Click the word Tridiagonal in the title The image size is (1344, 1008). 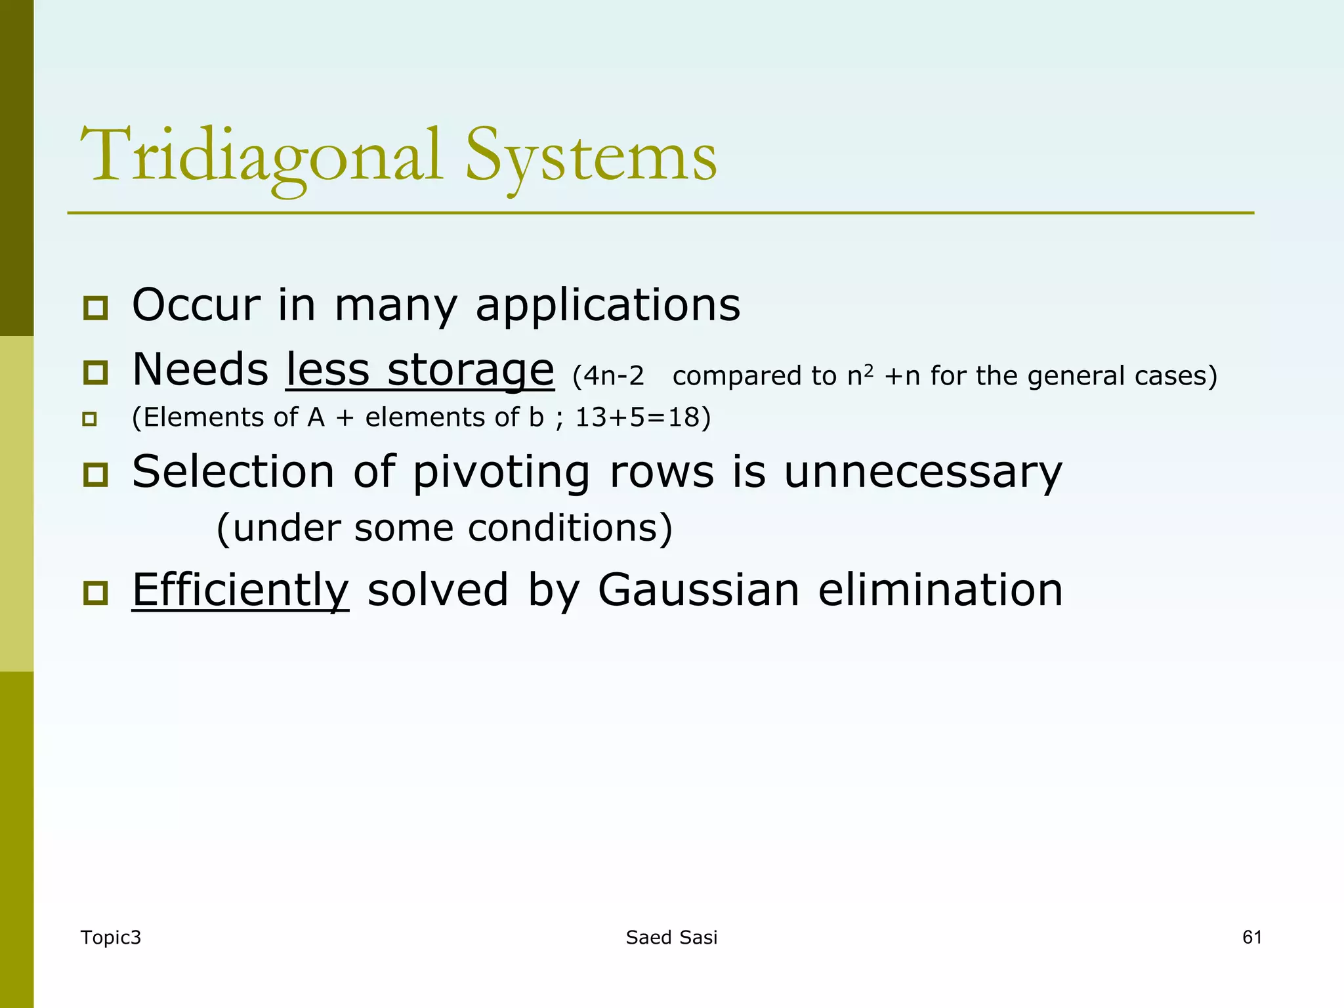click(261, 156)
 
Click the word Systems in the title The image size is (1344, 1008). click(591, 156)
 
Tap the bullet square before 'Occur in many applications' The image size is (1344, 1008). click(96, 308)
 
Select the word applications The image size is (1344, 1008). click(608, 305)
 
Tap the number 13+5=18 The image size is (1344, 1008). click(642, 417)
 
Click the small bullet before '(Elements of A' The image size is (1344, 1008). click(90, 419)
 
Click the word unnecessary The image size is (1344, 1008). click(923, 472)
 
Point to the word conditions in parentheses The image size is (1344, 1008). click(570, 528)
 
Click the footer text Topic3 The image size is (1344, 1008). click(110, 937)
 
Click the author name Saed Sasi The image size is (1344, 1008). click(671, 937)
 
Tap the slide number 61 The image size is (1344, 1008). click(1251, 936)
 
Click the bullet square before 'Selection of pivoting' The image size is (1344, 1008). click(96, 474)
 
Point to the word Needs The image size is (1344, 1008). click(200, 369)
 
